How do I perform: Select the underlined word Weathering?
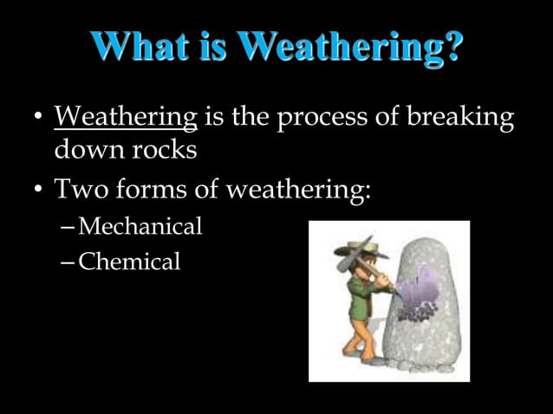tap(126, 117)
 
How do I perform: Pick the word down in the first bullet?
tap(88, 150)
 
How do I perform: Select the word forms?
tap(153, 188)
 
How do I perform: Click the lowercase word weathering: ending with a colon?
tap(298, 188)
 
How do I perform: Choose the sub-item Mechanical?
tap(140, 227)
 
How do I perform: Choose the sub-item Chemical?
tap(129, 261)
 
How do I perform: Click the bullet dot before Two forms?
tap(36, 190)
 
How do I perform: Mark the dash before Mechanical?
tap(69, 228)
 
